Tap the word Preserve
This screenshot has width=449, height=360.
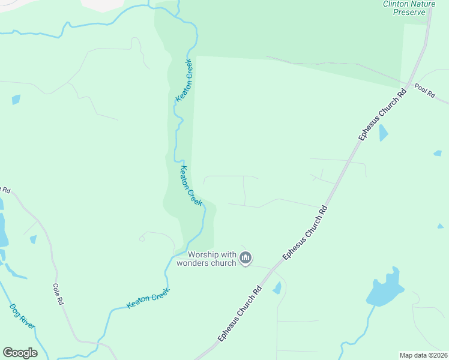[409, 12]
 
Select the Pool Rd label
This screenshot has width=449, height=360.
[424, 95]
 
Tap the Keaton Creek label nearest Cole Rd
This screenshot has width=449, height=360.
[148, 298]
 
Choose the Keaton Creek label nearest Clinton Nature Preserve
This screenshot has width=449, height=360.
[183, 80]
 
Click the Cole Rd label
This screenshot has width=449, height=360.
[58, 295]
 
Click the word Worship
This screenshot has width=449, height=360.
[193, 254]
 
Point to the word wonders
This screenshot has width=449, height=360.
[193, 263]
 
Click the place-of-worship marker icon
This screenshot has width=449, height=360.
[245, 258]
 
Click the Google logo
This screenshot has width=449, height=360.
[20, 353]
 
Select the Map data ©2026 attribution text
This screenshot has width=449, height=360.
[424, 355]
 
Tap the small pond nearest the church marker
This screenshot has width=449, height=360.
[277, 289]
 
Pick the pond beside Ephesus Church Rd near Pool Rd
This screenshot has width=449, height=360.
[383, 133]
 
